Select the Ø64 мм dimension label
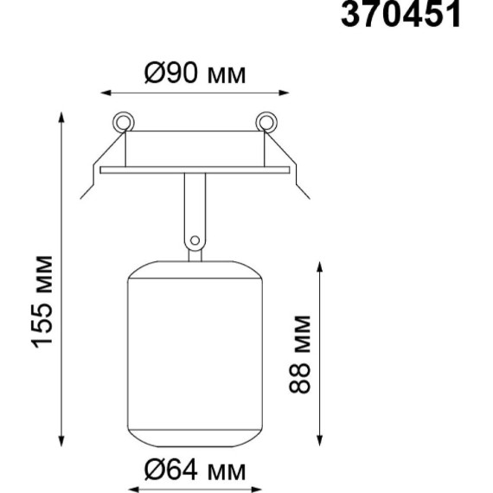point(195,471)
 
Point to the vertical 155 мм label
point(45,302)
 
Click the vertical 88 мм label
point(300,354)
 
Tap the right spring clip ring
point(266,120)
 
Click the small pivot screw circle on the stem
point(195,240)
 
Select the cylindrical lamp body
point(195,355)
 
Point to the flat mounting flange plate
point(195,170)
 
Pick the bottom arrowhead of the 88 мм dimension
point(320,442)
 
